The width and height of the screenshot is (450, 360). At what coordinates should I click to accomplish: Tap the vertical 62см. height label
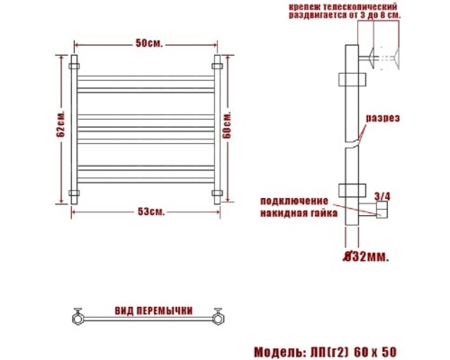60,128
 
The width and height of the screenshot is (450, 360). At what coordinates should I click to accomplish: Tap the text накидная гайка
298,214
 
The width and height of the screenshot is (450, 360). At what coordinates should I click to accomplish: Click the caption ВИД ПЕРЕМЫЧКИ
153,310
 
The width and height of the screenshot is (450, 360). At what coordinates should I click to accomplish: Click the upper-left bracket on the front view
75,67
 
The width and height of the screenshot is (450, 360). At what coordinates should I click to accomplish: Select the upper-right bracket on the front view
217,67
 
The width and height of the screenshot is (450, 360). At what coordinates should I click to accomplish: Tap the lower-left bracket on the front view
75,193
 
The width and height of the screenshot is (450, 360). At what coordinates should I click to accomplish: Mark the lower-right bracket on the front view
217,193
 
